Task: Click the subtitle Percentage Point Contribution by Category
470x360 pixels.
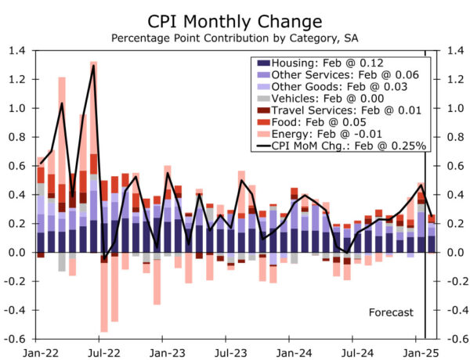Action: tap(234, 38)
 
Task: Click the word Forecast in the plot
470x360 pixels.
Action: tap(391, 312)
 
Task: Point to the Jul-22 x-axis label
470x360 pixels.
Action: tap(100, 353)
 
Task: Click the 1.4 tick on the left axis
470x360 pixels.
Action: tap(17, 51)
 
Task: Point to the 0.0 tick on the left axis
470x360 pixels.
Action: tap(17, 253)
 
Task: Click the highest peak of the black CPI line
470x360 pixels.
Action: tap(94, 65)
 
